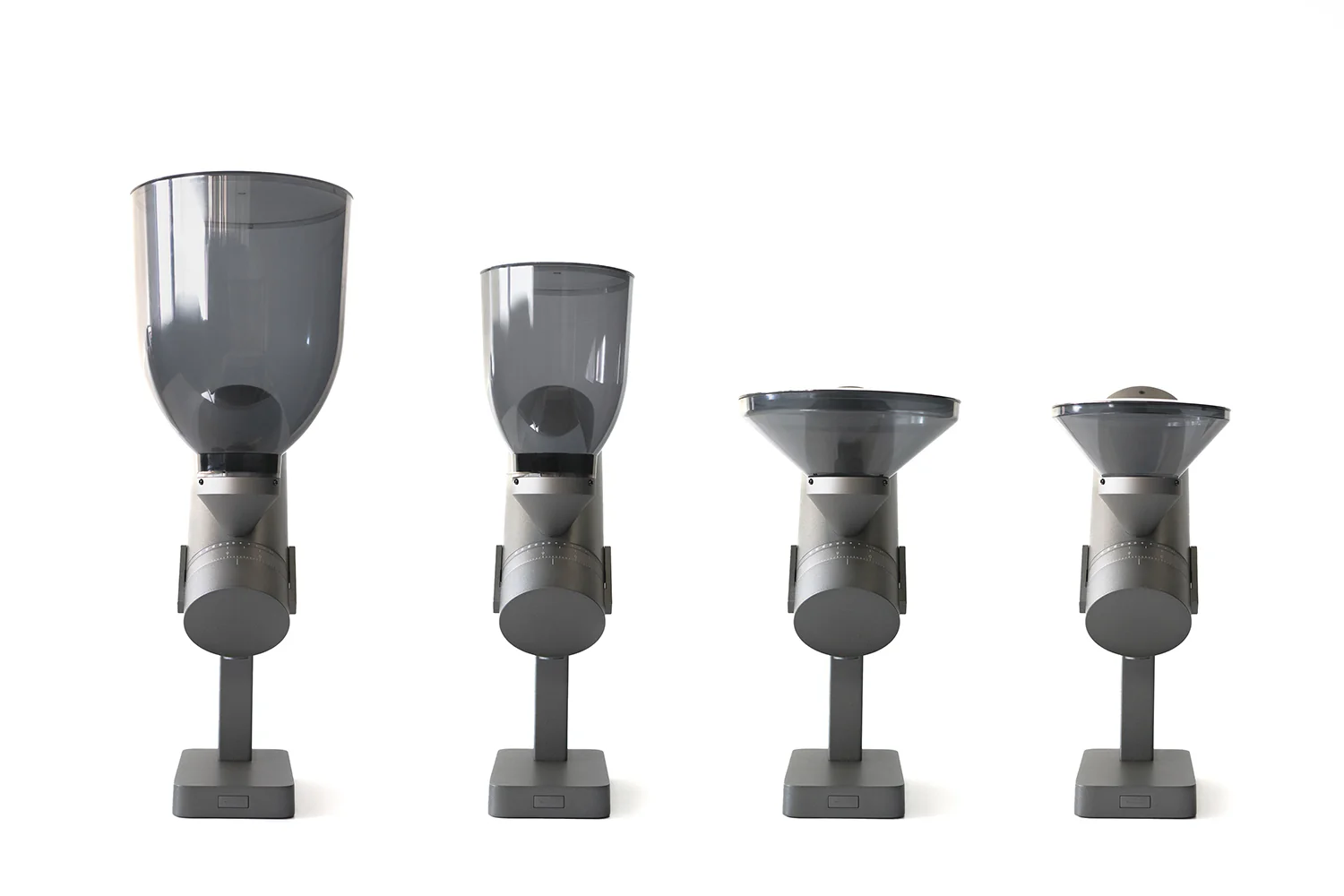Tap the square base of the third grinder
tap(842, 783)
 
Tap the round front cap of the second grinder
tap(549, 623)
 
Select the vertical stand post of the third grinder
tap(843, 708)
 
